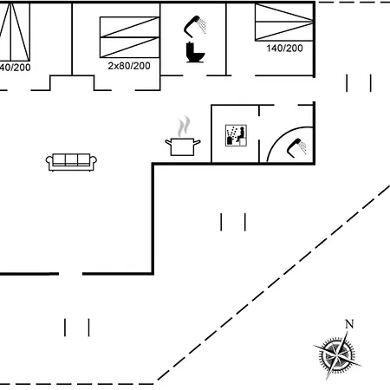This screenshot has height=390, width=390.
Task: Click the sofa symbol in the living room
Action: (x=73, y=161)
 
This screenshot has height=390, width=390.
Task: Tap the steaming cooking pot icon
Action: (x=182, y=144)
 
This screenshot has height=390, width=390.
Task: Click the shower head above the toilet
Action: (x=195, y=26)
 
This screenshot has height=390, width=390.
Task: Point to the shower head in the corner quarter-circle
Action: (x=297, y=145)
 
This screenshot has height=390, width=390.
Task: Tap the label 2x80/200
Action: (x=128, y=65)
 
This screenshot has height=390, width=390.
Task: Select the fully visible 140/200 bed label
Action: (x=283, y=48)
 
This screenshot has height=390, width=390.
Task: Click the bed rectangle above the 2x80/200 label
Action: (x=129, y=36)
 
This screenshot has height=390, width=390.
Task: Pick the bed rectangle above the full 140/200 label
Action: (x=283, y=22)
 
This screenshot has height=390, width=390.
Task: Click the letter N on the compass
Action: (x=349, y=324)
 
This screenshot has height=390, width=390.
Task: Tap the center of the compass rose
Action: (x=334, y=354)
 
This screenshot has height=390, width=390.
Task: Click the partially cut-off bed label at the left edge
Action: (x=14, y=66)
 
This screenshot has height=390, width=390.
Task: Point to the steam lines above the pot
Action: (x=182, y=127)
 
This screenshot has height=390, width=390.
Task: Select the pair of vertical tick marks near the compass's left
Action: (x=77, y=327)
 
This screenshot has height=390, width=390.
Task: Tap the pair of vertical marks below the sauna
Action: (x=233, y=222)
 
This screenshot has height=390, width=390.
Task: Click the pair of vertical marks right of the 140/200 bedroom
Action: (x=359, y=83)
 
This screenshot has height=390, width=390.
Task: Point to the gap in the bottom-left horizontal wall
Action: (x=71, y=274)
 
